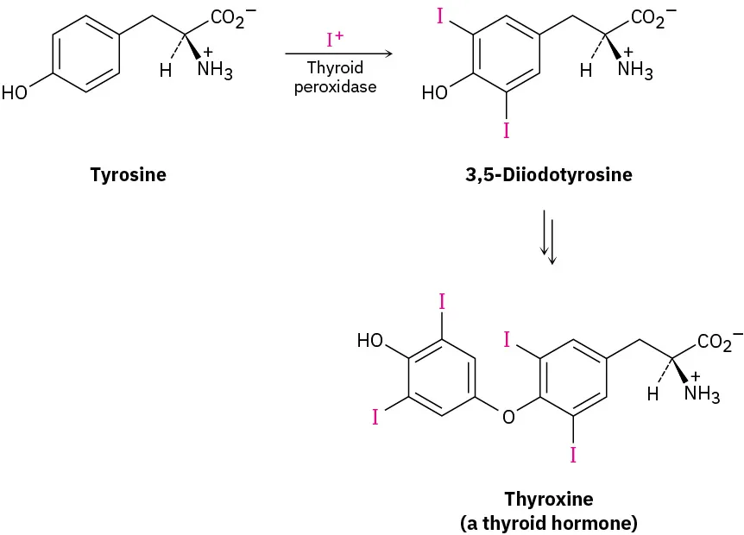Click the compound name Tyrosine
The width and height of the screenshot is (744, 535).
[x=128, y=175]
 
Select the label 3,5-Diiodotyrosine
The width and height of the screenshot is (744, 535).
[x=549, y=175]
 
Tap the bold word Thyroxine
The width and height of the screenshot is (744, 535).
[x=549, y=499]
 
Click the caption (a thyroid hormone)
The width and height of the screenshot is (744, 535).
[x=549, y=521]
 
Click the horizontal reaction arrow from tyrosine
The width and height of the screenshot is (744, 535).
[x=338, y=54]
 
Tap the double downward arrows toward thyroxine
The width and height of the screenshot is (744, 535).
[x=548, y=235]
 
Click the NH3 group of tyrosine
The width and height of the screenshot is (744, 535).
[x=214, y=70]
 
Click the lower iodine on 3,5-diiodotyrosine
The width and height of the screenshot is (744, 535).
[x=506, y=130]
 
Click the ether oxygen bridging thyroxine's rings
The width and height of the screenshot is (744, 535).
[x=508, y=418]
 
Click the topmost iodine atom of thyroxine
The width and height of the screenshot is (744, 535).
[x=442, y=302]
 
